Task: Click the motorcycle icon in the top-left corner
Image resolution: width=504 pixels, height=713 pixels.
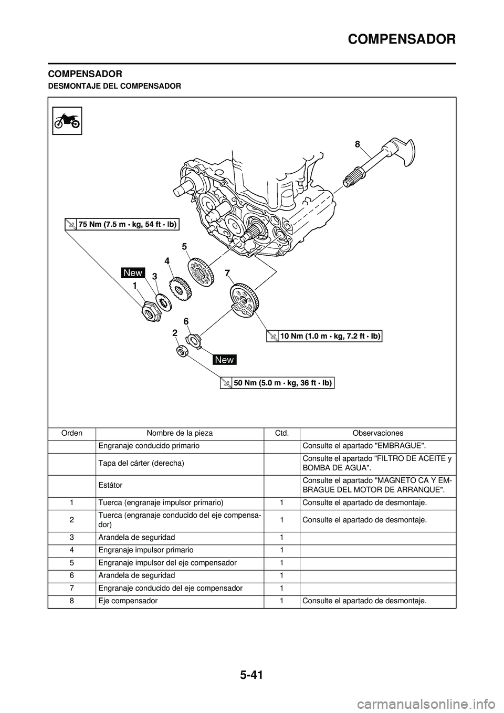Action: pos(67,120)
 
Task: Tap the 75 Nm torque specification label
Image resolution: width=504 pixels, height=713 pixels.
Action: pos(122,224)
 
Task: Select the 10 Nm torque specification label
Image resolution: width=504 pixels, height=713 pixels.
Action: pos(324,336)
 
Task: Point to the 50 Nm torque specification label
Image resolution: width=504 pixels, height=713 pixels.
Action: pos(277,383)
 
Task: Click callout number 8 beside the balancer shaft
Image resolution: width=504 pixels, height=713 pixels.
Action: pos(358,143)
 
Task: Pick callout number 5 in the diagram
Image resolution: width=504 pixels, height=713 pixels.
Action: pos(184,246)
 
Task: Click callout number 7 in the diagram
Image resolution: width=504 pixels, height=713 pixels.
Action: pos(227,273)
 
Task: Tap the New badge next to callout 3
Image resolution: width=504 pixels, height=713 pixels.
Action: pos(133,272)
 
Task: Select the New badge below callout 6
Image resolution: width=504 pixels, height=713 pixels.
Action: pos(225,360)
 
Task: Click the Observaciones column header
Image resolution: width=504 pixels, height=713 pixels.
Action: pos(377,433)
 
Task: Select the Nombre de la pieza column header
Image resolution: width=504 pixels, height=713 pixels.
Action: pos(180,433)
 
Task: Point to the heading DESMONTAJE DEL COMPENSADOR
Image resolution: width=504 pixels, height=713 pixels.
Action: pos(114,85)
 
